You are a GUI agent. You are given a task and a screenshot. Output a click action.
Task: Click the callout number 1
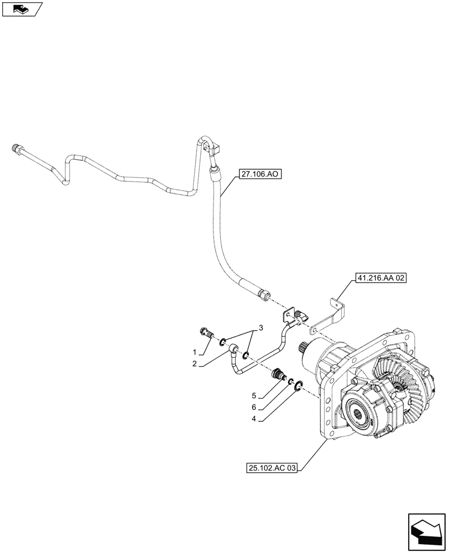point(195,352)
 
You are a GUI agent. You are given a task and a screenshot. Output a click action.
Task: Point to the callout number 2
point(195,364)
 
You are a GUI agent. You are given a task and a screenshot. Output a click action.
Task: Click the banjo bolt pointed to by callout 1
point(206,334)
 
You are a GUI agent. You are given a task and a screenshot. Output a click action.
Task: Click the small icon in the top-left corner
point(22,8)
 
